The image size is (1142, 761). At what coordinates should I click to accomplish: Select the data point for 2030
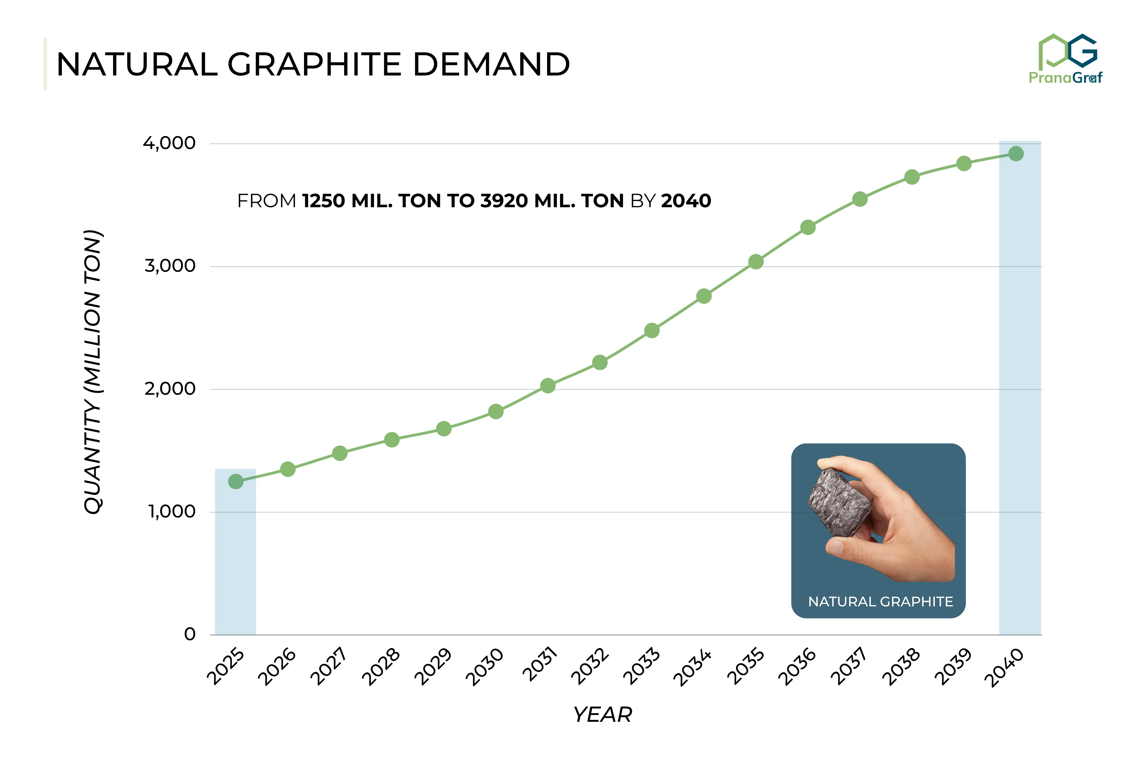[x=495, y=412]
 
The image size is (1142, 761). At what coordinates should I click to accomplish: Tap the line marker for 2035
[x=756, y=262]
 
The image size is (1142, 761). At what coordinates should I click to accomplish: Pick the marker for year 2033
[x=652, y=330]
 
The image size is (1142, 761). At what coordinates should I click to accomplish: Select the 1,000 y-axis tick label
[x=171, y=512]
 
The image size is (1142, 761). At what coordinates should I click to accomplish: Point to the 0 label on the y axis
[x=190, y=634]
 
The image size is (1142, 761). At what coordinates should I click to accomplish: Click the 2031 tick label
[x=540, y=665]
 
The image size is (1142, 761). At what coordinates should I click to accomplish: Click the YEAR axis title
[x=602, y=714]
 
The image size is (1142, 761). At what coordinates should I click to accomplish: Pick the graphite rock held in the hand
[x=840, y=502]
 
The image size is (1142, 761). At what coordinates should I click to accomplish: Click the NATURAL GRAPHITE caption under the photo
[x=880, y=602]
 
